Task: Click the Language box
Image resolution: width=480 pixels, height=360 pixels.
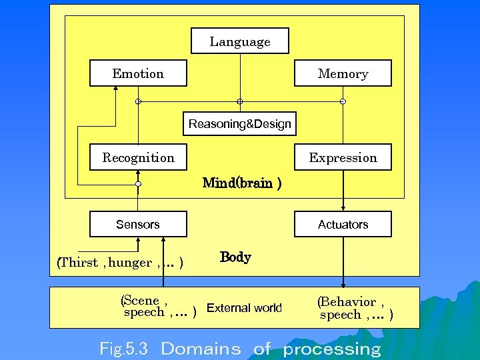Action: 240,41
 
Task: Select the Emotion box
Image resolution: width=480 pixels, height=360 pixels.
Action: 139,73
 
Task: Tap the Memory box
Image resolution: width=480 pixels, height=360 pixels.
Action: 343,73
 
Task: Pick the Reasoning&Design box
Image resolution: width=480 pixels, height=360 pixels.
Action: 240,124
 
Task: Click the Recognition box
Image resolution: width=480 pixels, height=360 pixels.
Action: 139,157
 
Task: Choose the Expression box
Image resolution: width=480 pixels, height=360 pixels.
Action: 343,157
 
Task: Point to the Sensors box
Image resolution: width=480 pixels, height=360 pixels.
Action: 139,224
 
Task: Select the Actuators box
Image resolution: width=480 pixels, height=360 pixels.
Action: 343,224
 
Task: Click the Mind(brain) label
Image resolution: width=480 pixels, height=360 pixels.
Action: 241,183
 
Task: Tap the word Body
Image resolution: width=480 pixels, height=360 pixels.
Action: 235,257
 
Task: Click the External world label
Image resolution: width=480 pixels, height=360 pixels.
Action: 244,308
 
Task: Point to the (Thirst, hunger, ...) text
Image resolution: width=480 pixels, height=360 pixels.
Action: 121,262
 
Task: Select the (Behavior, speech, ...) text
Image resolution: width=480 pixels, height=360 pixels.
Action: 355,308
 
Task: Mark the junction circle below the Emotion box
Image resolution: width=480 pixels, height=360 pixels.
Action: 139,101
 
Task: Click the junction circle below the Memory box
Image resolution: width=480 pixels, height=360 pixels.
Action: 343,101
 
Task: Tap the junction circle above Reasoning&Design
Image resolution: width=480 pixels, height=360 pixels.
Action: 240,101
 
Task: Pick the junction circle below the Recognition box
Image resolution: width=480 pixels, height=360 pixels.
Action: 139,183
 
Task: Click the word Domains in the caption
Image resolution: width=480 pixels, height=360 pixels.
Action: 201,349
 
